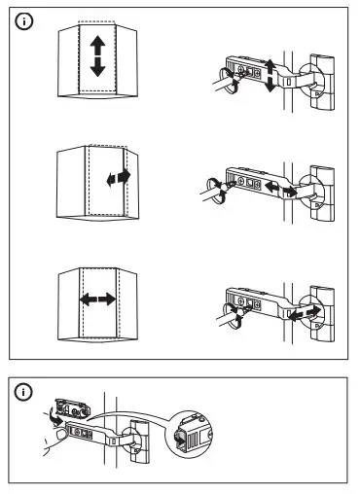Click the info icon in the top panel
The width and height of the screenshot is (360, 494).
[x=23, y=19]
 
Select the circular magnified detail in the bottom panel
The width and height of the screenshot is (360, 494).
[x=190, y=439]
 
